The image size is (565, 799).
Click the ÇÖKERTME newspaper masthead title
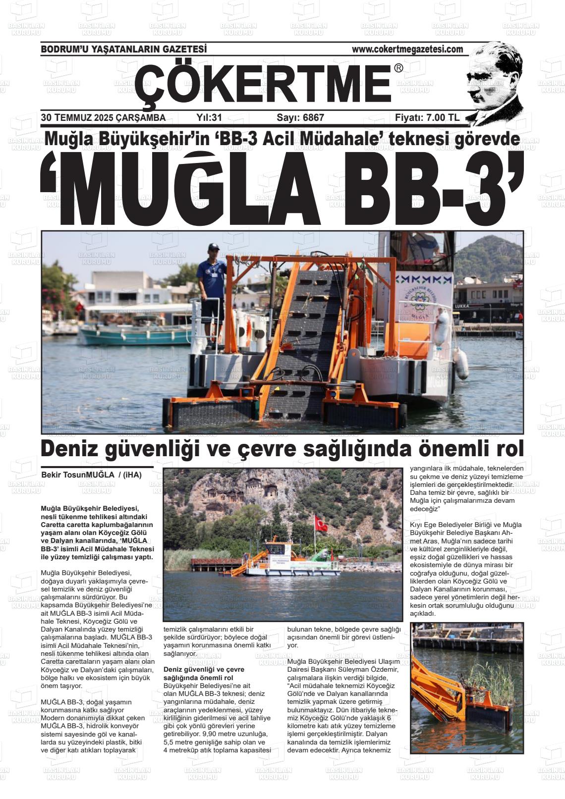(263, 84)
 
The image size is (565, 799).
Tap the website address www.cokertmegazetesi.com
(407, 49)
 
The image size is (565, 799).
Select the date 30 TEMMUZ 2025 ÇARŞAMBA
(103, 118)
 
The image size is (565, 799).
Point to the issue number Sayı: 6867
(300, 118)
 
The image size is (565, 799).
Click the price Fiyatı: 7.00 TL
(427, 118)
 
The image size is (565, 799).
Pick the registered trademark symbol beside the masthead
(398, 68)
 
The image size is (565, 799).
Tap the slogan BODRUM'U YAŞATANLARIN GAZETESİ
(123, 49)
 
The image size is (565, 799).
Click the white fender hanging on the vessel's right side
(460, 363)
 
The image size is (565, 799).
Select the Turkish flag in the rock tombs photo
(320, 523)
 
